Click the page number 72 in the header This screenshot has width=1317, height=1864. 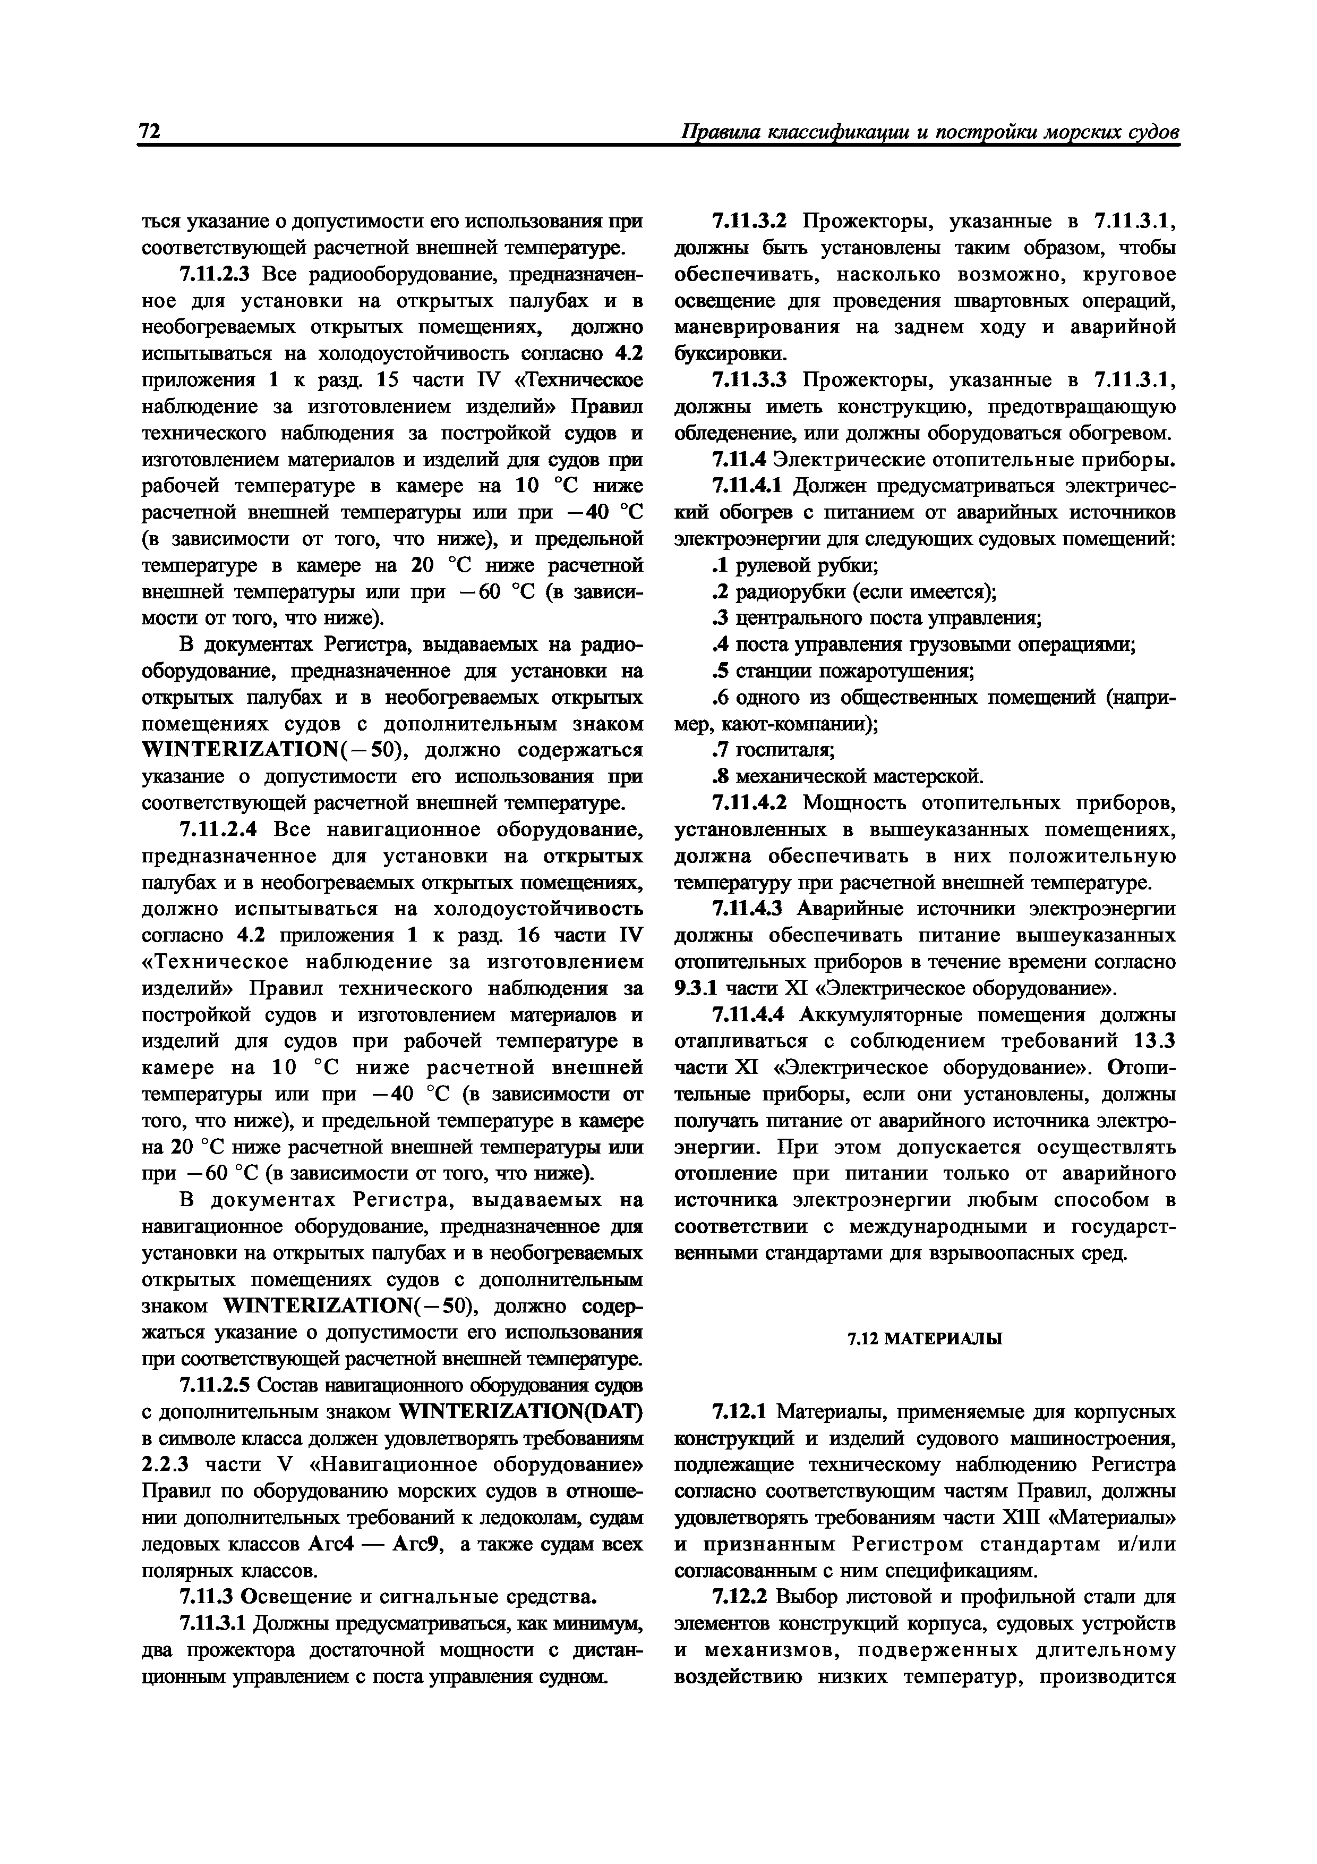click(150, 132)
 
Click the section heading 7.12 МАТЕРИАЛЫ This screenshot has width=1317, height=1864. click(924, 1338)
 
